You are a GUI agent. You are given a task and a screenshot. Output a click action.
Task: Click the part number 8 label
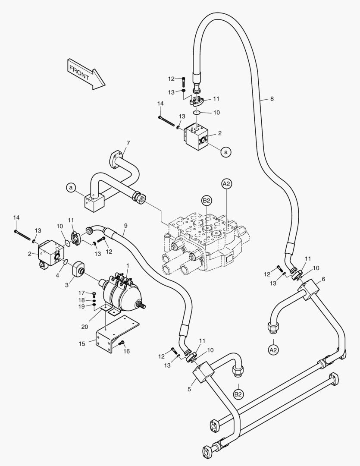272,99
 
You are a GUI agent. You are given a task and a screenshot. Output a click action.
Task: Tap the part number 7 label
128,143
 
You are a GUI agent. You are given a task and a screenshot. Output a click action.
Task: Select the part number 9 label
125,225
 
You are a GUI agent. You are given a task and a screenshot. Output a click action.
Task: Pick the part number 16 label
127,352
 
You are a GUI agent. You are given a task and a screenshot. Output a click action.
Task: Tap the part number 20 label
85,327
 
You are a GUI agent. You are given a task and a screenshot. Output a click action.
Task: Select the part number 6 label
323,279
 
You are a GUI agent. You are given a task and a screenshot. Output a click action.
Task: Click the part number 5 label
189,389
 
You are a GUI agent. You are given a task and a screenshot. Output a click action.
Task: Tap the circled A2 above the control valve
227,184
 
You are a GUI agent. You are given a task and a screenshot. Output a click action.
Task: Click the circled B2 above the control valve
207,200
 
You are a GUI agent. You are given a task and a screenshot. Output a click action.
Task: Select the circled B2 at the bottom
238,394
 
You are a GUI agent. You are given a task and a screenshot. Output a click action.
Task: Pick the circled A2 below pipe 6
273,349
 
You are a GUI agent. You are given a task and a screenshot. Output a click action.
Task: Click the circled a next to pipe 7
72,187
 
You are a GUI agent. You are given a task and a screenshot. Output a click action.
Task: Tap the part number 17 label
81,293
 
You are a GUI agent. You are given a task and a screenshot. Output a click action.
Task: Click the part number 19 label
81,306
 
